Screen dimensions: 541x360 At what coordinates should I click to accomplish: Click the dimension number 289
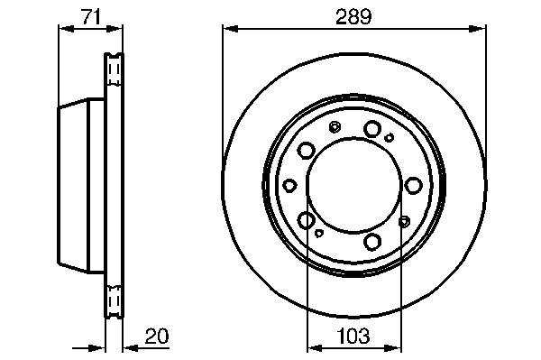353,16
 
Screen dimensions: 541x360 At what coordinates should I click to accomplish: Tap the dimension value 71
91,16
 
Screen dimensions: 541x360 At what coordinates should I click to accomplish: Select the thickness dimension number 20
157,336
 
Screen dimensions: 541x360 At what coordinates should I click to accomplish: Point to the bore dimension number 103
353,336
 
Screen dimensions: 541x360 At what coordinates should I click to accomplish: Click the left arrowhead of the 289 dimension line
230,29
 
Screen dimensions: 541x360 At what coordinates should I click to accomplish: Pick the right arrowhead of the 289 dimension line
478,29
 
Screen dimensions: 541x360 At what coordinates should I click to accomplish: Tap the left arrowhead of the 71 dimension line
67,29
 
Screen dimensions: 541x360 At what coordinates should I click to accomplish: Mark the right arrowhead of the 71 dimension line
115,29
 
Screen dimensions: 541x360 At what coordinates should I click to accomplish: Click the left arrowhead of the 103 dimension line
315,348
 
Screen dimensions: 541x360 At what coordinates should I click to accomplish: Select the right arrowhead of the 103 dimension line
394,348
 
